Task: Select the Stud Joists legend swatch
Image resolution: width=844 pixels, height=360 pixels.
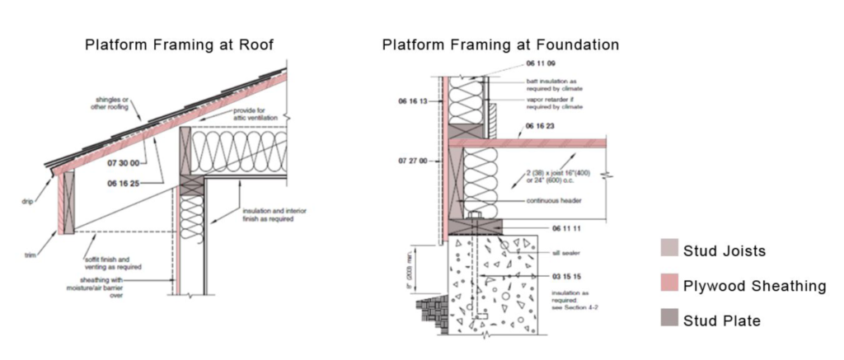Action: tap(667, 250)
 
